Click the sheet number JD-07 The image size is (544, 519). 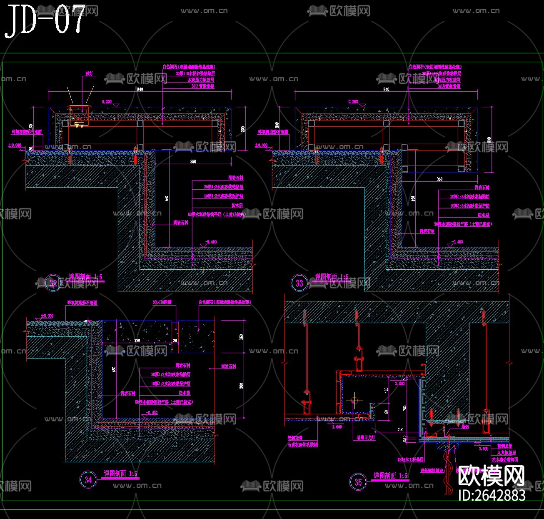[45, 20]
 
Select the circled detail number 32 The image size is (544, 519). [53, 283]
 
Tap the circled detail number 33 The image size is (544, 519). [299, 283]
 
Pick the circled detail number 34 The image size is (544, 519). [88, 479]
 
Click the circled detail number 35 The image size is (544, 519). [358, 482]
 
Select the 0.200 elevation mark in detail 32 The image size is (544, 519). [107, 102]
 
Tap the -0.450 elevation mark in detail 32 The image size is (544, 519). [211, 242]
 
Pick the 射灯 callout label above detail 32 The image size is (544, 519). [89, 73]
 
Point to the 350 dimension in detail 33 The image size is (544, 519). [439, 179]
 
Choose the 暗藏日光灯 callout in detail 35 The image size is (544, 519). [366, 438]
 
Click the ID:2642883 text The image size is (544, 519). [492, 495]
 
